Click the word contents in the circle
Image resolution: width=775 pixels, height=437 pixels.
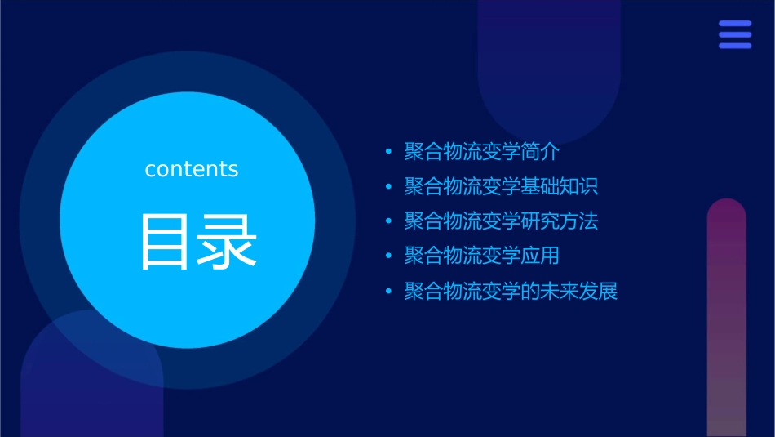coord(192,169)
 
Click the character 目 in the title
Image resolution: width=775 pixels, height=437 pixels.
coord(165,242)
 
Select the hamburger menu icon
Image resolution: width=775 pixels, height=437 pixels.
coord(735,35)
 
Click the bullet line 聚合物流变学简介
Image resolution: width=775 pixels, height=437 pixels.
coord(481,152)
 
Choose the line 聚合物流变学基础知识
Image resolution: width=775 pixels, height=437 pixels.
coord(501,187)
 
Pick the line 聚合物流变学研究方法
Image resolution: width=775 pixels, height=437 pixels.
coord(501,221)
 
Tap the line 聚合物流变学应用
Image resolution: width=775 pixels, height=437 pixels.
coord(481,256)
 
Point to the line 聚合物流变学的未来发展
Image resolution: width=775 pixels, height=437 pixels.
coord(511,292)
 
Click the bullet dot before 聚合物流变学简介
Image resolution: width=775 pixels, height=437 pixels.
coord(388,153)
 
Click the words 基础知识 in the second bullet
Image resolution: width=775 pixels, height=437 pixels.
coord(560,187)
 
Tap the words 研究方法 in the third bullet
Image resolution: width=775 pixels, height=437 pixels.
coord(560,221)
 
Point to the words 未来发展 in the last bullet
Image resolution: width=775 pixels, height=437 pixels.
coord(579,292)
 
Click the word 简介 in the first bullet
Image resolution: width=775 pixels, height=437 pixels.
coord(540,152)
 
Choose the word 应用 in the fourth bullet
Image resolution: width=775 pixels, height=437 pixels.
coord(540,256)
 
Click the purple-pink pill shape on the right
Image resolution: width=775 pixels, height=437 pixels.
coord(726,319)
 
